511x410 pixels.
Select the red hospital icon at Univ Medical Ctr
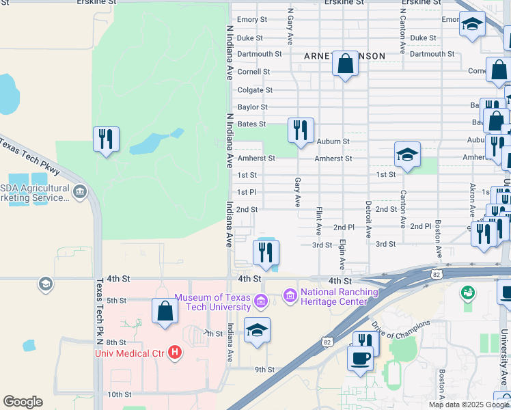(175, 353)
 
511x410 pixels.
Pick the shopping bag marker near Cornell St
(346, 66)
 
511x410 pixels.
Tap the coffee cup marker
(360, 358)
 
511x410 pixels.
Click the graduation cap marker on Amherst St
(407, 154)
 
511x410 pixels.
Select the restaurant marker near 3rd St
(266, 253)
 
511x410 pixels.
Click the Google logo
(23, 402)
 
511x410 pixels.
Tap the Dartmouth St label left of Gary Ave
(259, 54)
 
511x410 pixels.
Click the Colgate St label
(255, 90)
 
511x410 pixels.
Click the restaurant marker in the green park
(106, 139)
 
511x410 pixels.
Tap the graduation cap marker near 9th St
(257, 331)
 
